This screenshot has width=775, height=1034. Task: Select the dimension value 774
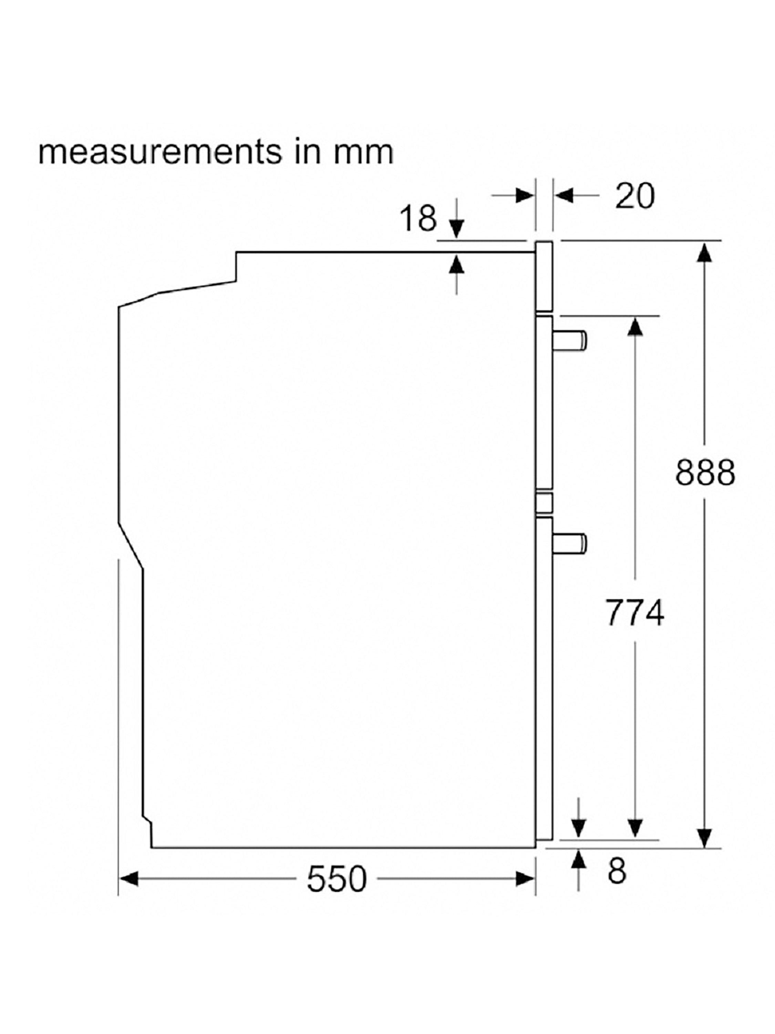point(634,613)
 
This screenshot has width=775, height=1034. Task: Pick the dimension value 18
point(418,218)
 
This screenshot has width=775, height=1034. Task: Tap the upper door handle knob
point(569,340)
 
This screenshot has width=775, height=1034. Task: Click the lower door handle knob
point(569,543)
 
